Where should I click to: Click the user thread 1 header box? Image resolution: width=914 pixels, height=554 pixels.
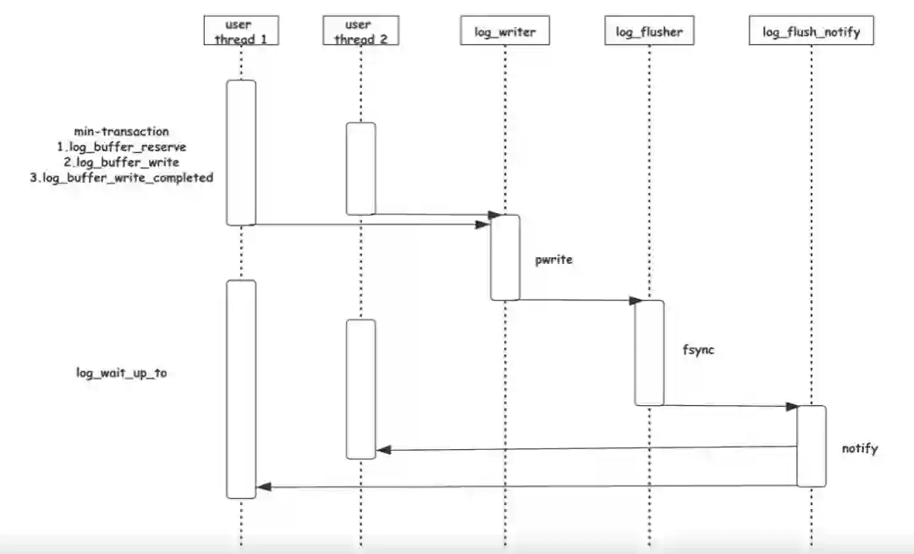(240, 31)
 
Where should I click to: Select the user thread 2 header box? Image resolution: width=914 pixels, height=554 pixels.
(361, 31)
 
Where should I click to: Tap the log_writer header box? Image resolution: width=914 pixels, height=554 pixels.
(504, 32)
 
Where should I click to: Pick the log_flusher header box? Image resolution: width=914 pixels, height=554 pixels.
(649, 32)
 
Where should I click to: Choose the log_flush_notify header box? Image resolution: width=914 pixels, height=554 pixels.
(811, 32)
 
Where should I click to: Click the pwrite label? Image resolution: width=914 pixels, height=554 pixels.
(554, 260)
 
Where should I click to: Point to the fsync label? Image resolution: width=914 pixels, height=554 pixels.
(698, 348)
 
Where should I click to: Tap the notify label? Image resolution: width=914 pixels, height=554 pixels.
(860, 448)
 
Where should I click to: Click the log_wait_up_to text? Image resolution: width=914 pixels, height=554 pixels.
(122, 373)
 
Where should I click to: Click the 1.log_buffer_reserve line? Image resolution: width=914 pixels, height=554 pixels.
(122, 146)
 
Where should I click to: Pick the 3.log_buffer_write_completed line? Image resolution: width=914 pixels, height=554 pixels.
(122, 178)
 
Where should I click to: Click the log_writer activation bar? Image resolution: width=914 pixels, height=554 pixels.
(505, 257)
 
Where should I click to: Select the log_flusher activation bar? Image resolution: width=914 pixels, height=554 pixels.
(650, 352)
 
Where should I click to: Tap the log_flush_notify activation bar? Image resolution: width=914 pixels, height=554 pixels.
(811, 446)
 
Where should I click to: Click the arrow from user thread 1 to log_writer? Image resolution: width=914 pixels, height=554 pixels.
(372, 224)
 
